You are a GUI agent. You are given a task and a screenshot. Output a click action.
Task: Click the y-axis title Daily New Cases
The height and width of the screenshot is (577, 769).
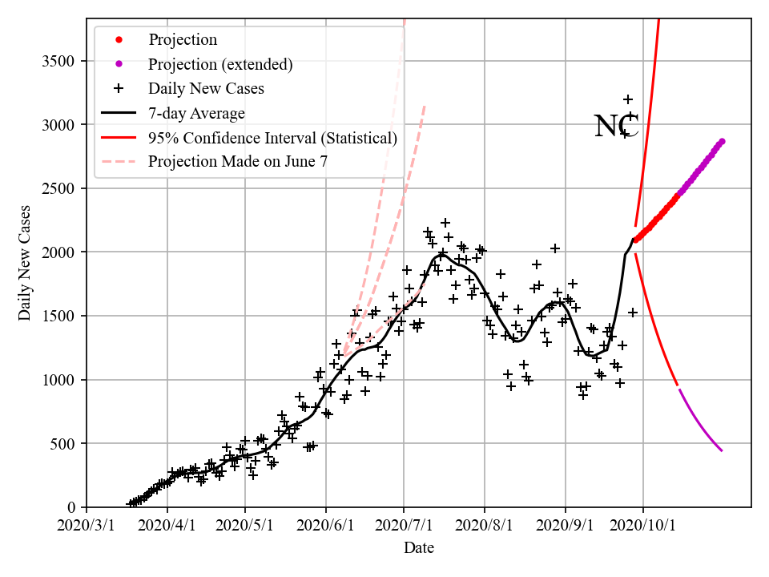(26, 263)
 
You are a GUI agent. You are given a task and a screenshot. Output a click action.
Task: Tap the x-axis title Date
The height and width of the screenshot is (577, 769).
(419, 548)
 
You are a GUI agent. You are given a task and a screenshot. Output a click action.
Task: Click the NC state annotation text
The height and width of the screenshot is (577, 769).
(616, 127)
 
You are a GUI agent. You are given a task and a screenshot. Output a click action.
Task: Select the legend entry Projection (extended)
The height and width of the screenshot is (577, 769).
(220, 64)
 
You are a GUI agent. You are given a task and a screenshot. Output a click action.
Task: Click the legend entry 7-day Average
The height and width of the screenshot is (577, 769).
(196, 113)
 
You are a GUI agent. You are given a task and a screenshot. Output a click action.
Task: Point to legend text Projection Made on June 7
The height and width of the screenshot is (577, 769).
(238, 162)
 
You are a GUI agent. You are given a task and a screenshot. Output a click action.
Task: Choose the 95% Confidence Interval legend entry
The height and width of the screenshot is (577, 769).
(272, 138)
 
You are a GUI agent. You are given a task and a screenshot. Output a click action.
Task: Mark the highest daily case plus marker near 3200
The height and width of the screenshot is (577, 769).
(628, 99)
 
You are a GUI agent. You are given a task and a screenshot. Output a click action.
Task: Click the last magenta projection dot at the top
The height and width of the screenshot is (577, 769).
(722, 141)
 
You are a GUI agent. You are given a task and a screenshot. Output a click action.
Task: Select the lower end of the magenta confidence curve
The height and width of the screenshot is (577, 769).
(722, 450)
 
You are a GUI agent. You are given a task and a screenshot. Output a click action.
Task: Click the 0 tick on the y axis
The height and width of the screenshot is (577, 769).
(75, 507)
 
